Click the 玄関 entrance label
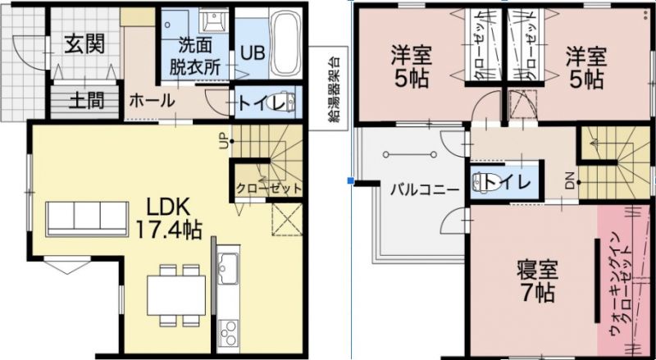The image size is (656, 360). (x=84, y=44)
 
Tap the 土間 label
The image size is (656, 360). (x=86, y=101)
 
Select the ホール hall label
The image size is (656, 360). (x=152, y=101)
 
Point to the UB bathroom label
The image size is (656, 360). (x=253, y=53)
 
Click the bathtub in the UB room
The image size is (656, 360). (x=285, y=43)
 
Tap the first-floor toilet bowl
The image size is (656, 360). (x=286, y=101)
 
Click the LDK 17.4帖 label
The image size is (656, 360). (x=169, y=217)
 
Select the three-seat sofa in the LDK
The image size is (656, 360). (x=87, y=219)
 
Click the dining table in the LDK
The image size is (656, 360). (x=176, y=295)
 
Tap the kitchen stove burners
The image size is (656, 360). (x=229, y=334)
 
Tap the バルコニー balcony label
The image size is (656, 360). (x=425, y=190)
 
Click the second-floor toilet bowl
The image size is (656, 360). (x=481, y=182)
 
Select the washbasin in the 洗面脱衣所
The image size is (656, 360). (x=213, y=20)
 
